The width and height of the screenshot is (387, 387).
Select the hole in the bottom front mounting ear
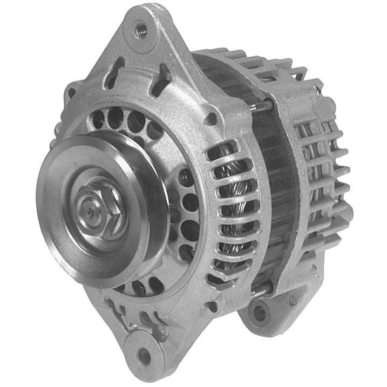[144, 355]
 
